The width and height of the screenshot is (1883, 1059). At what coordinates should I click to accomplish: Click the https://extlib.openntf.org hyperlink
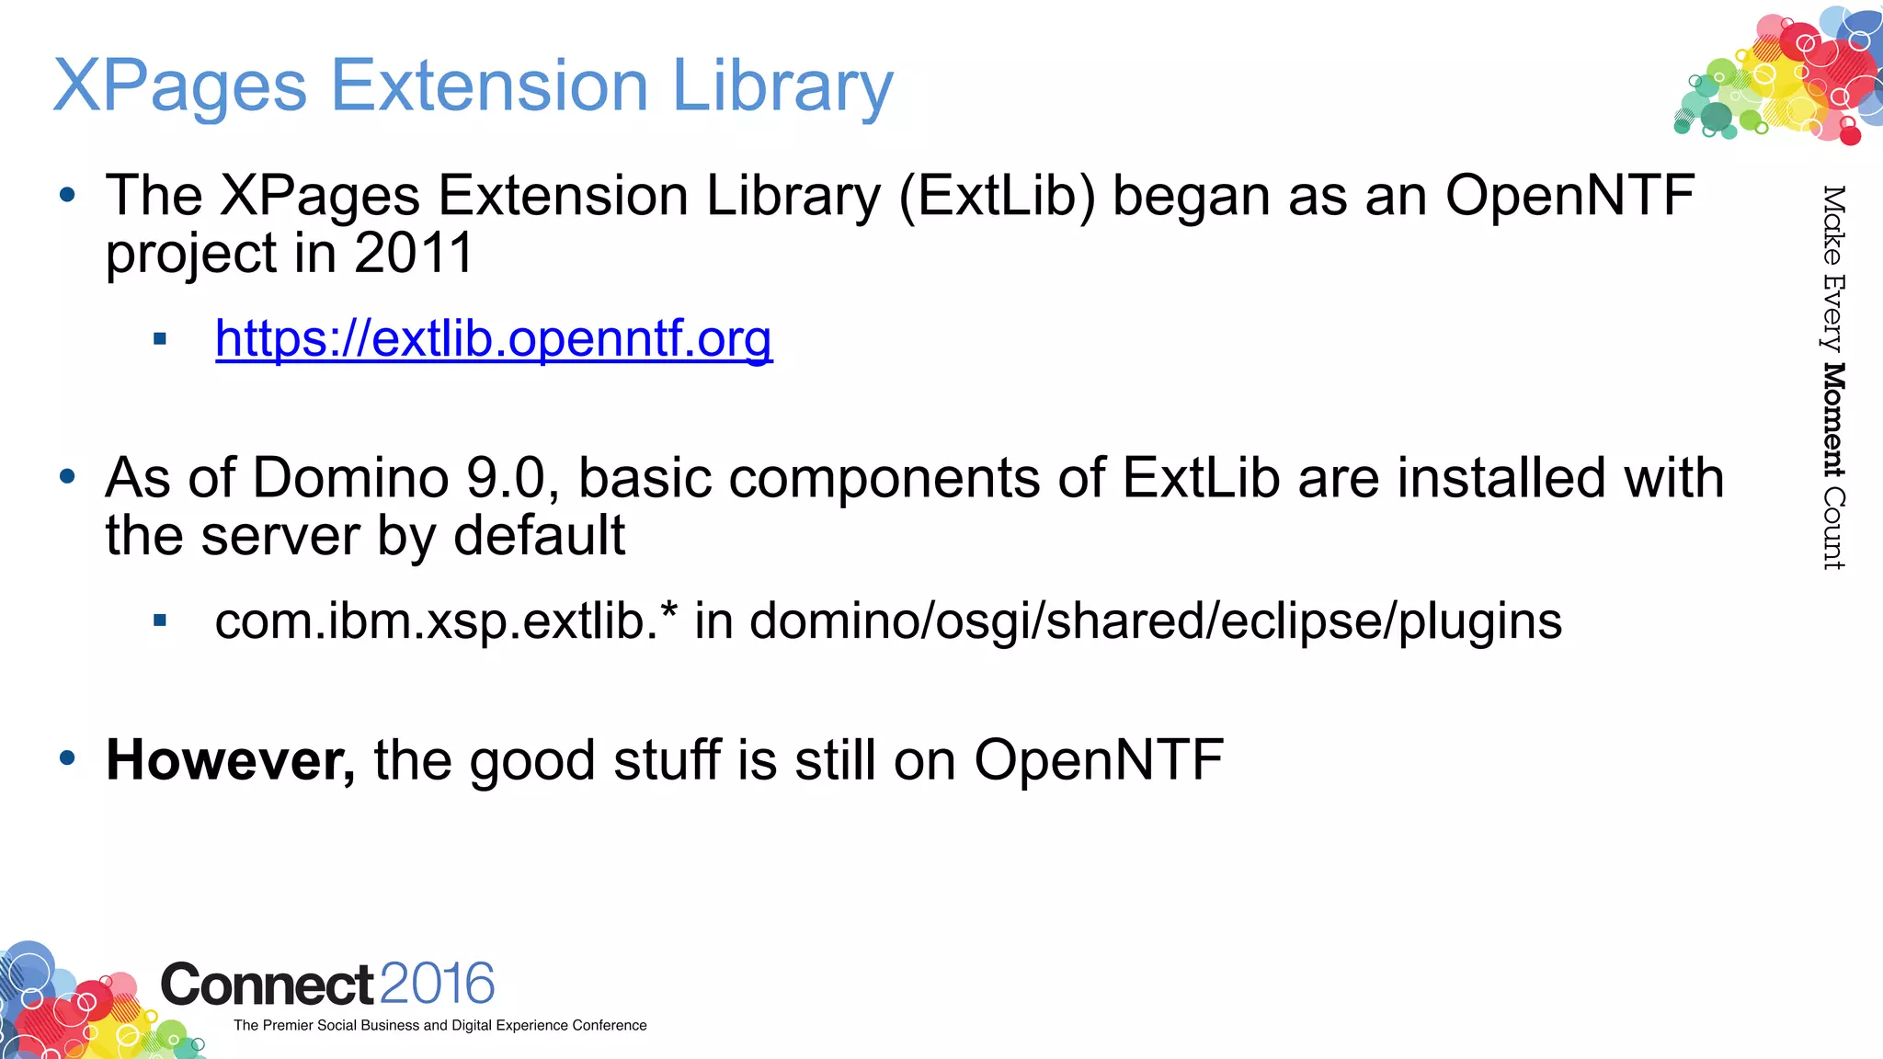click(494, 339)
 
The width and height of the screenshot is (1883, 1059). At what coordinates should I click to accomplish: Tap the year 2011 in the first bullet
click(413, 253)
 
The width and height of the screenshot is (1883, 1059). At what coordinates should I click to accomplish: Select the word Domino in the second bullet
click(350, 478)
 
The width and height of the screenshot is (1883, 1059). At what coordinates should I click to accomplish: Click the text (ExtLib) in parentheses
click(998, 197)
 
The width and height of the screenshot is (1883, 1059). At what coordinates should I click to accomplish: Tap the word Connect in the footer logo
click(267, 985)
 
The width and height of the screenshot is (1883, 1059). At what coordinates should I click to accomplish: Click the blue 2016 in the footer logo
click(437, 984)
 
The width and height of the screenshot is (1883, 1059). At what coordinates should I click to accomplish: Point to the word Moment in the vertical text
click(1833, 420)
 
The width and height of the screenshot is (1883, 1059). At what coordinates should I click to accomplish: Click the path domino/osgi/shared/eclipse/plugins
click(1156, 621)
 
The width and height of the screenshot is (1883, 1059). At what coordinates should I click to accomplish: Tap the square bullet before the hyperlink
click(160, 339)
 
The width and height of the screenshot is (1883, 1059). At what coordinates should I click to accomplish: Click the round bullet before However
click(67, 758)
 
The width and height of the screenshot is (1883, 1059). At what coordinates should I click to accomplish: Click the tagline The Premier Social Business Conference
click(439, 1025)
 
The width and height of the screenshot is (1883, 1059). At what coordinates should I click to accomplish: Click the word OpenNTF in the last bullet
click(1098, 760)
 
